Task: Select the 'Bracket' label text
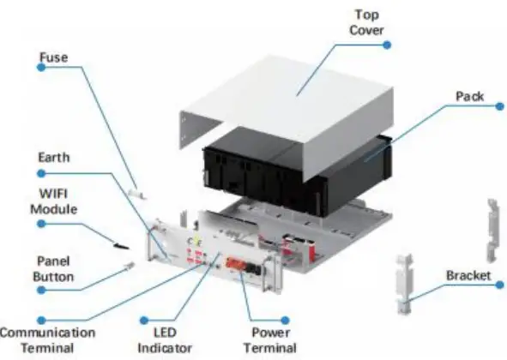(468, 276)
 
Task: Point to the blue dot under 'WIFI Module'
(40, 225)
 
